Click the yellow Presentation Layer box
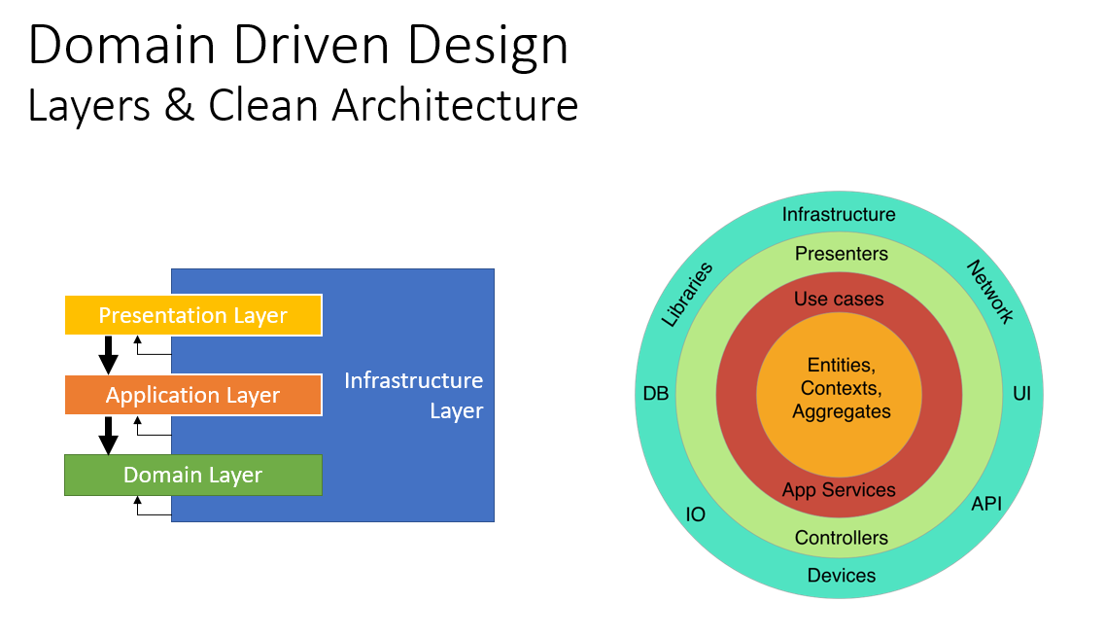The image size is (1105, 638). coord(192,315)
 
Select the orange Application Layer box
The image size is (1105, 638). coord(192,395)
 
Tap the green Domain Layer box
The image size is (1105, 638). coord(192,475)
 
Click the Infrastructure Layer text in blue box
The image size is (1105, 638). coord(413,395)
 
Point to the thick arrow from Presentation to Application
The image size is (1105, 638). coord(109,355)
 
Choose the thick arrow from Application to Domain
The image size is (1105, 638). coord(109,435)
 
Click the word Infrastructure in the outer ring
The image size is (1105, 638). coord(839,214)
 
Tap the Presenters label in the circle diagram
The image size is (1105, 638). coord(841,254)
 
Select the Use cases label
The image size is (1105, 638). coord(839,299)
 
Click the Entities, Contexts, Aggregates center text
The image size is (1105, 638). coord(841,388)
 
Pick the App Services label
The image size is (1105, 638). coord(839,490)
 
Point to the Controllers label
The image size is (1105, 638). coord(841,538)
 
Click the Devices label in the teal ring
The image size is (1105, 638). coord(841,575)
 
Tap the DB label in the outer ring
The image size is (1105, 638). coord(656,394)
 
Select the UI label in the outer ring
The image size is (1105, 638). coord(1021,394)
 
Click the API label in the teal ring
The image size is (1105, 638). coord(985,503)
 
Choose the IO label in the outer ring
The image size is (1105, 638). coord(696,514)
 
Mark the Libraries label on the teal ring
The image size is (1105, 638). coord(687,294)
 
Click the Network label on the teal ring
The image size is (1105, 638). coord(990,292)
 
